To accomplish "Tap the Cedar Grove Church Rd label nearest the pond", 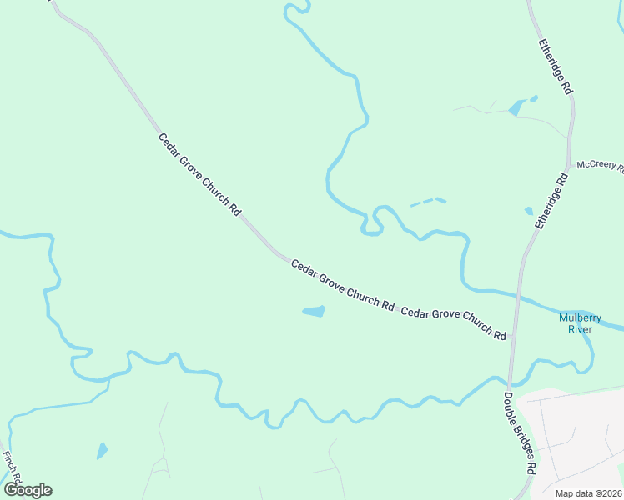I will coord(343,285).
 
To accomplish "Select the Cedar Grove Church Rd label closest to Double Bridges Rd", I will coord(454,323).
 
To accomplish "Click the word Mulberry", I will coord(580,317).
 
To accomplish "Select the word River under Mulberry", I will coord(580,329).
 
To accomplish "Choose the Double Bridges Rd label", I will coord(519,432).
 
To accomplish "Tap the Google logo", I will coord(28,490).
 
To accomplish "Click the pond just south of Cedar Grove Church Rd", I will coord(314,312).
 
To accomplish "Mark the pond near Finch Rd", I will coord(102,451).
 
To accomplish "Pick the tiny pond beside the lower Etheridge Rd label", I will coord(528,211).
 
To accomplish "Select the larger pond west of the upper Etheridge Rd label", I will coord(516,107).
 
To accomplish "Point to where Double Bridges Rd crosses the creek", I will coord(511,384).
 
